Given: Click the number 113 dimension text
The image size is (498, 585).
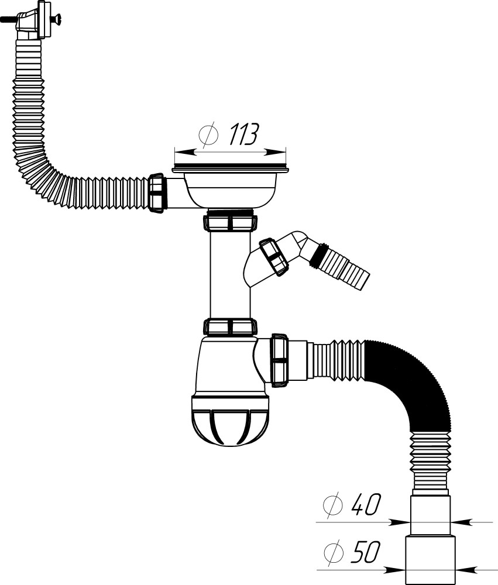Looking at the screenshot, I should click(x=242, y=135).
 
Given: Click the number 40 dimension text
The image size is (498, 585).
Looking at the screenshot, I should click(x=365, y=504).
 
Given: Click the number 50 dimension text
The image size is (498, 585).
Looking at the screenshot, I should click(x=365, y=552).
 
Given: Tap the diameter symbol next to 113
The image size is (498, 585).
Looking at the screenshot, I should click(x=208, y=135).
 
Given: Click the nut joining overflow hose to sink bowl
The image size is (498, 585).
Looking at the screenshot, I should click(x=157, y=194).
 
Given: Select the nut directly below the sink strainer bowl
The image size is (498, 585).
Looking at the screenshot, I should click(x=229, y=222).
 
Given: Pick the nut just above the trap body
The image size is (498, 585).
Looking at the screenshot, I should click(x=229, y=326).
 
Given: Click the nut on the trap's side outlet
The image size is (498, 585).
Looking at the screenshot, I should click(x=279, y=359).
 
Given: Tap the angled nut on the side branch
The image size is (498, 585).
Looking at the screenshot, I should click(x=273, y=256).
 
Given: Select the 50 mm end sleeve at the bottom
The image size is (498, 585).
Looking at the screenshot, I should click(x=430, y=559).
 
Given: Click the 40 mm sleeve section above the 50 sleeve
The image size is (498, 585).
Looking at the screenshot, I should click(x=430, y=514).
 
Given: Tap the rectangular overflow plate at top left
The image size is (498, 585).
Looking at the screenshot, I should click(x=43, y=19).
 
